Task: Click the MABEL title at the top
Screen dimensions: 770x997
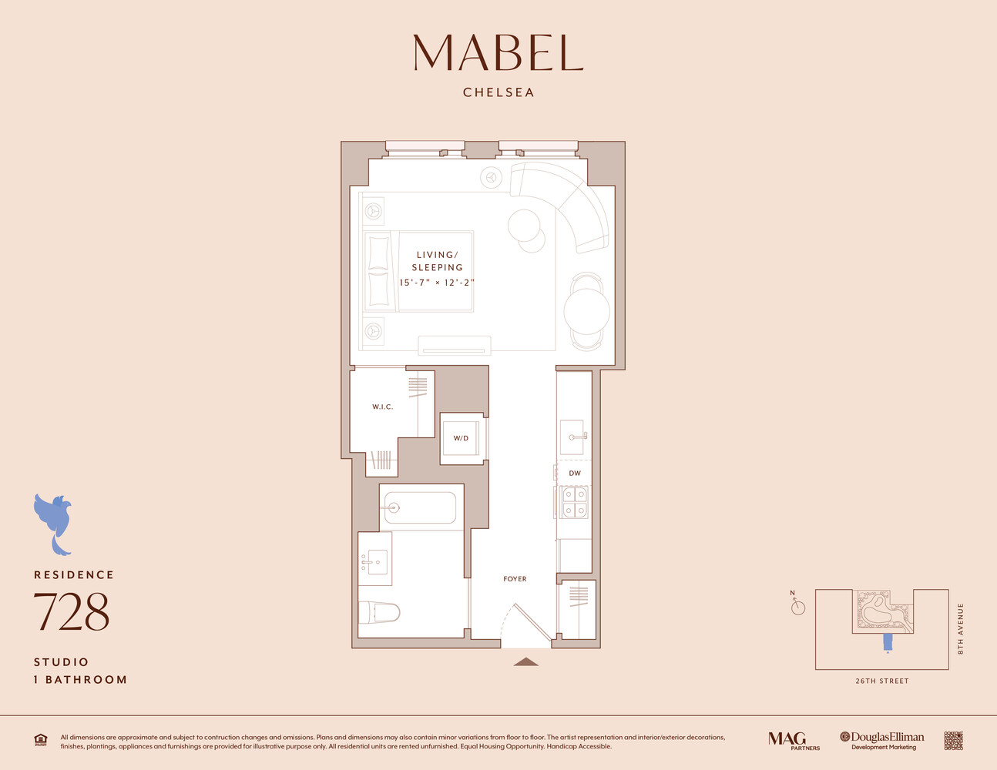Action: [498, 52]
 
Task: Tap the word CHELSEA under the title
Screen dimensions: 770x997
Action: [498, 92]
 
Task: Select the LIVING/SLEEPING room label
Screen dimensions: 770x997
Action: [437, 261]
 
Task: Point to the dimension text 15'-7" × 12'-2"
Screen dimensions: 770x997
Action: [437, 283]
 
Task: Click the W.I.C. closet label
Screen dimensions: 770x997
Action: [383, 407]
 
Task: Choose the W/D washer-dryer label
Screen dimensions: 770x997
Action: [461, 438]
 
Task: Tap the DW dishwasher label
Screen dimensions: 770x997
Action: [575, 473]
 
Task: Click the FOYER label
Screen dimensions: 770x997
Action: [515, 579]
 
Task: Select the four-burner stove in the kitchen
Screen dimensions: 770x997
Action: [575, 502]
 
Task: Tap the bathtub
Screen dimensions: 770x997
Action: [420, 507]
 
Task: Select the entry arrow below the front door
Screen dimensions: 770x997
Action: [526, 661]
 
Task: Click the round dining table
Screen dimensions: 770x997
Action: [587, 311]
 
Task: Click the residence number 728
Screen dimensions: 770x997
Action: [72, 612]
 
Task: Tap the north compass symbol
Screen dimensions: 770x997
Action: [797, 607]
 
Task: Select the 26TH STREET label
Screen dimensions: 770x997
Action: [882, 681]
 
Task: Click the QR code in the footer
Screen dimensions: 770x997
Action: [953, 741]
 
